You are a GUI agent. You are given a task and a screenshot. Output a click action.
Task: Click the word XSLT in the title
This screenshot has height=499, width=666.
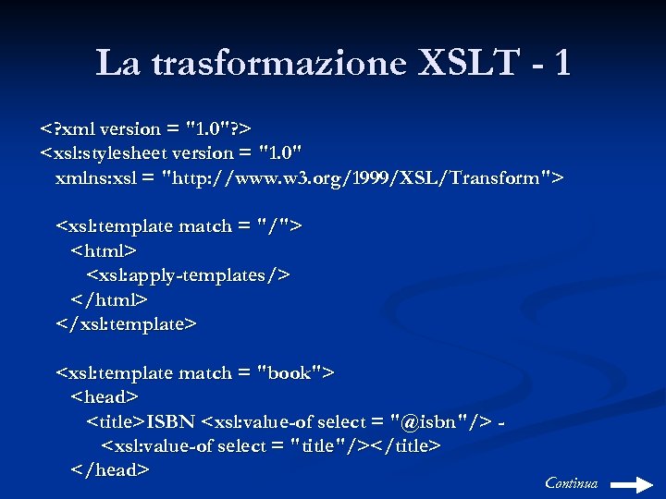pos(471,64)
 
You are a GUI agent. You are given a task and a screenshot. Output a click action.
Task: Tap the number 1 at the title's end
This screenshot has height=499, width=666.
pos(561,64)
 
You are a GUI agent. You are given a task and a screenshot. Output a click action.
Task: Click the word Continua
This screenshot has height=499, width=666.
pos(571,483)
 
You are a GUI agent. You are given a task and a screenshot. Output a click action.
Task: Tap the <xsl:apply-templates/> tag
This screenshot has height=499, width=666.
pos(189,275)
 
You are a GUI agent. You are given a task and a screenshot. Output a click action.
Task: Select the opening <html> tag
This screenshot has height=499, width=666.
pos(105,250)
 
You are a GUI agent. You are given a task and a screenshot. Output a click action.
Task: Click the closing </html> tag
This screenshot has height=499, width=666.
pos(109,299)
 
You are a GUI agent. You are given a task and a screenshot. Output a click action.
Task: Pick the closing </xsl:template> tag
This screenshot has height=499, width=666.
pos(127,324)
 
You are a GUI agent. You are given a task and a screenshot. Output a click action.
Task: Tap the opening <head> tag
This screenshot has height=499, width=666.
pos(105,397)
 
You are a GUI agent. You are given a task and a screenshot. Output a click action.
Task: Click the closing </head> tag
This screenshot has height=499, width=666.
pos(109,470)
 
